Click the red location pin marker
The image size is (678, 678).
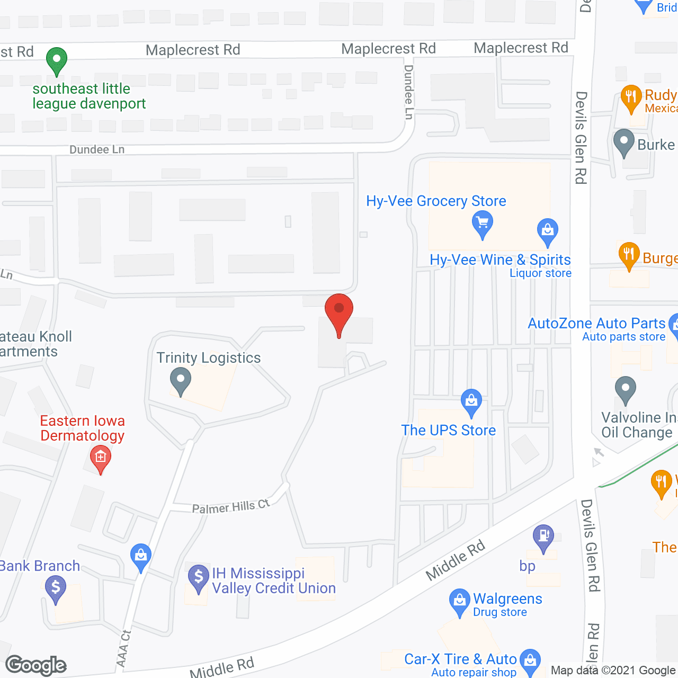pyautogui.click(x=339, y=313)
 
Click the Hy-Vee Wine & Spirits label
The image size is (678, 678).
pyautogui.click(x=500, y=260)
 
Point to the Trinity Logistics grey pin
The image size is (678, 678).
pyautogui.click(x=181, y=381)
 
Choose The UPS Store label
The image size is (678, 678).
pyautogui.click(x=448, y=430)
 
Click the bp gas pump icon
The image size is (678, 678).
pyautogui.click(x=543, y=537)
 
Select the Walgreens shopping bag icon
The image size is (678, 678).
pyautogui.click(x=459, y=601)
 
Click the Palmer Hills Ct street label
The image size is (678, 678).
pyautogui.click(x=231, y=507)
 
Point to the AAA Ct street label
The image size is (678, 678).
pyautogui.click(x=123, y=648)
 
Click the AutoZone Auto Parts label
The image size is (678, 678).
pyautogui.click(x=596, y=323)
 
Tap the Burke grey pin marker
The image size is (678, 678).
pyautogui.click(x=623, y=142)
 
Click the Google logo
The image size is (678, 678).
pyautogui.click(x=36, y=665)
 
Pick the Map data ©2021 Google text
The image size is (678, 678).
pyautogui.click(x=613, y=670)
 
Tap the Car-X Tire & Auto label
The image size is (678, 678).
pyautogui.click(x=460, y=659)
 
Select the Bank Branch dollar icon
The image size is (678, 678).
pyautogui.click(x=56, y=588)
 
